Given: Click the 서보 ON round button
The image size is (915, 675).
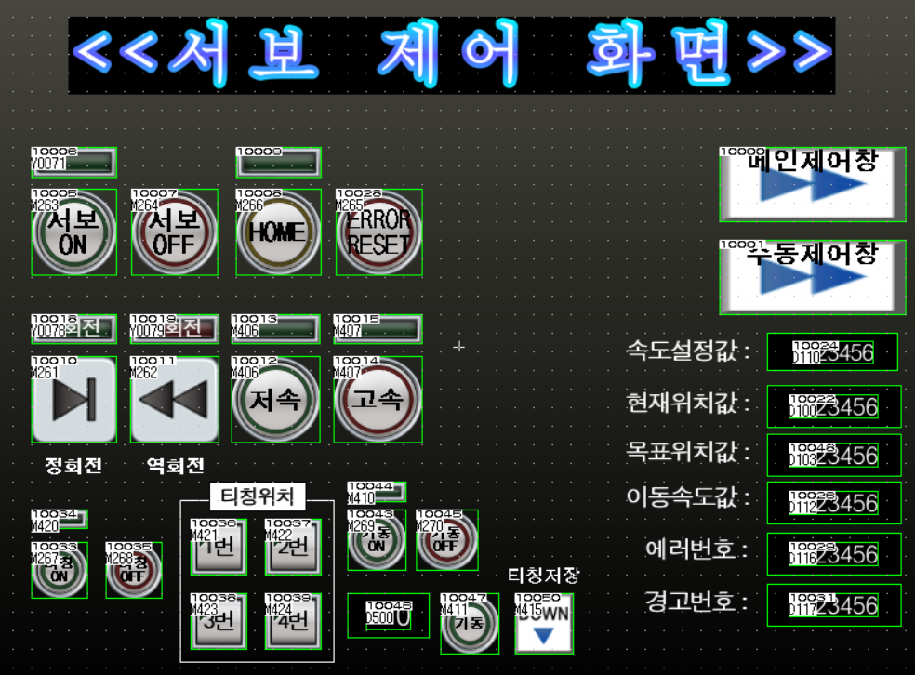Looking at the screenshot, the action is tap(73, 232).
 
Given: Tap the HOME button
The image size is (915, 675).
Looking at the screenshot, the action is tap(278, 232).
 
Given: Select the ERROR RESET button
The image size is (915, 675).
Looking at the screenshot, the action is tap(378, 232).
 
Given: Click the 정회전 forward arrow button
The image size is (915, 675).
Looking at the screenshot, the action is tap(73, 400).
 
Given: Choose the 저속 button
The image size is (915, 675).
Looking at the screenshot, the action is tap(275, 400).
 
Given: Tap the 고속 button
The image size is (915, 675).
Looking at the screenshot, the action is tap(378, 400).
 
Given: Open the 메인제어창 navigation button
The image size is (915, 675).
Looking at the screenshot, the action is tap(812, 183).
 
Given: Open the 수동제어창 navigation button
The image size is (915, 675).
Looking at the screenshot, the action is tap(812, 276).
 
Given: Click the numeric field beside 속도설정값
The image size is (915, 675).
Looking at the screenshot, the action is tap(832, 352).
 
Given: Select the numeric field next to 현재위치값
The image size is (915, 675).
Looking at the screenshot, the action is tap(834, 406).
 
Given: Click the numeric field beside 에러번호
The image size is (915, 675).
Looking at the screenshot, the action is tap(834, 554).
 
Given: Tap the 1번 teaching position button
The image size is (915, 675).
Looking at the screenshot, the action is tap(219, 547).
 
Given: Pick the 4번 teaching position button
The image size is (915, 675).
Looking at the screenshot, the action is tap(293, 621).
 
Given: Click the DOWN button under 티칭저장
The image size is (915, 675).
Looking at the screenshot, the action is tap(544, 625).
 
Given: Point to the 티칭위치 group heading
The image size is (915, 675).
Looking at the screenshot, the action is tap(257, 497).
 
